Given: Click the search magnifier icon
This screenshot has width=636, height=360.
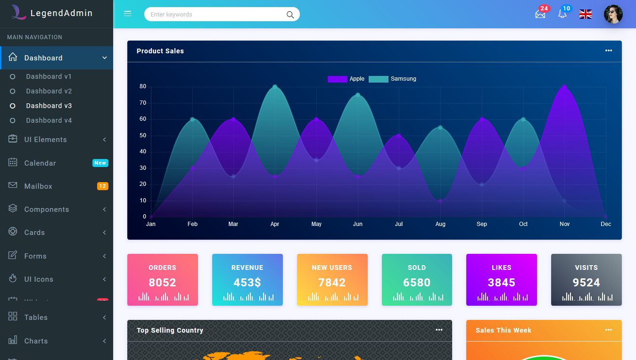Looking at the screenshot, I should point(290,15).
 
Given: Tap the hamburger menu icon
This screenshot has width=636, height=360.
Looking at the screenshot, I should point(127,14).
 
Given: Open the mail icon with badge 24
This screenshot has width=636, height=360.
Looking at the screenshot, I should point(540,14).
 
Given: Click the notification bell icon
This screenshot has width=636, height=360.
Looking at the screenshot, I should point(562,14).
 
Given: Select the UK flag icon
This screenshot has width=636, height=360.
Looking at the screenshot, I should point(586,14).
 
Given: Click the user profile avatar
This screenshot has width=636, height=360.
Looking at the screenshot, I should point(613,14).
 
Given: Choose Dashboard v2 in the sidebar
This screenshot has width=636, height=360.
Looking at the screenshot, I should point(49,91).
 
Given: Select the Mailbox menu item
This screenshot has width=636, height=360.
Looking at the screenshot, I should point(38,186).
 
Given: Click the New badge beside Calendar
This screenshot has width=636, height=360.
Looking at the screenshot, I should point(100,163).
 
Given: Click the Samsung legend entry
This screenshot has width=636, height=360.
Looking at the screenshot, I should point(393,79).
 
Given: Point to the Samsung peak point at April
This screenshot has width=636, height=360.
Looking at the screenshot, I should point(275,87).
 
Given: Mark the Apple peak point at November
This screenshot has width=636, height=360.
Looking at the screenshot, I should point(564,87).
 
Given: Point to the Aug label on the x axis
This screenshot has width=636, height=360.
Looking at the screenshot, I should point(440,224).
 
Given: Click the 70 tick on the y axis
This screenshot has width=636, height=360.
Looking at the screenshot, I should point(143,103).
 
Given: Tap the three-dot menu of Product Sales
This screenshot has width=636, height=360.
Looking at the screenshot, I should point(609,51).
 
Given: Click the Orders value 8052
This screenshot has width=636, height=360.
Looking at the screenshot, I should point(162,283).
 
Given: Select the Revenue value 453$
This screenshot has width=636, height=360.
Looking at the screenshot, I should point(247,283).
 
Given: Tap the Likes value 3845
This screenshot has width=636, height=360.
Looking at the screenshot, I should point(501,283).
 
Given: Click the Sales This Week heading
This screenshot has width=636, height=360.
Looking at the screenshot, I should point(503,330).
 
